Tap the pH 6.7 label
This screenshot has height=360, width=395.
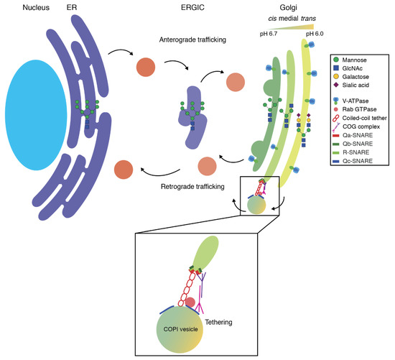coord(272,34)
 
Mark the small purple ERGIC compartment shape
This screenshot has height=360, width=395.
coord(183,119)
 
